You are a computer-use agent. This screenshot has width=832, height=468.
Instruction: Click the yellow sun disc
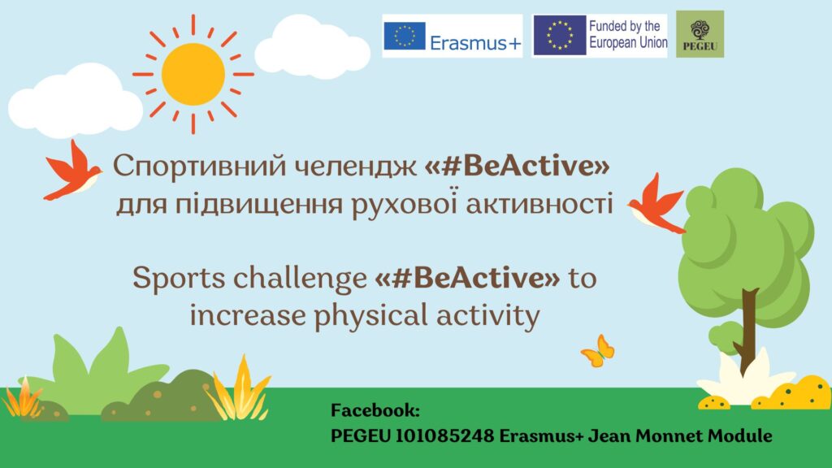pyautogui.click(x=193, y=74)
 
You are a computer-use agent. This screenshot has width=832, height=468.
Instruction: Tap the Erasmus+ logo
pyautogui.click(x=452, y=36)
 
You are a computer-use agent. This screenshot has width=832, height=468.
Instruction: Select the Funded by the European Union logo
pyautogui.click(x=600, y=36)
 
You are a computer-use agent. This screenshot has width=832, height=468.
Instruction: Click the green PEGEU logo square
pyautogui.click(x=700, y=34)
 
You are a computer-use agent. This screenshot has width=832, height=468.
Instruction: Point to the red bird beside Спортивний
pyautogui.click(x=72, y=171)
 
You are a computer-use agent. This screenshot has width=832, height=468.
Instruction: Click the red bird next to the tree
pyautogui.click(x=656, y=204)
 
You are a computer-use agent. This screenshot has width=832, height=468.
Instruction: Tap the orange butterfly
pyautogui.click(x=599, y=351)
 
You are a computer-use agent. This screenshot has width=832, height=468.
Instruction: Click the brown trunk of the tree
pyautogui.click(x=747, y=329)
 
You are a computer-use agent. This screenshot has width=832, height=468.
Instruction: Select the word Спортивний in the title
pyautogui.click(x=200, y=166)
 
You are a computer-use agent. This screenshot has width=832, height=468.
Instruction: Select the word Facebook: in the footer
pyautogui.click(x=375, y=410)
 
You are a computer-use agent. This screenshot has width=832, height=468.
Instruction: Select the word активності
pyautogui.click(x=539, y=204)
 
